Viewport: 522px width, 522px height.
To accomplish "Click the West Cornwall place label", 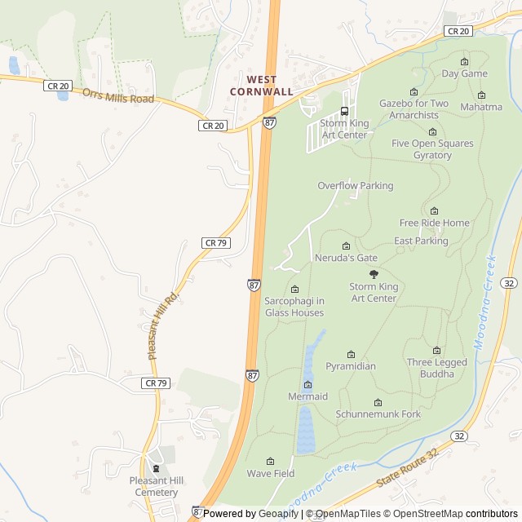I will (269, 86).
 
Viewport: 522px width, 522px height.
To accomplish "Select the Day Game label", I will (465, 73).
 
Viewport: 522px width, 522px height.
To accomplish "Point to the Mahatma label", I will (481, 107).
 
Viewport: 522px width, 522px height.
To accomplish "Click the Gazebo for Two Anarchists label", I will (414, 109).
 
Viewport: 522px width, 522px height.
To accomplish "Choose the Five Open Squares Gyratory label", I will (432, 149).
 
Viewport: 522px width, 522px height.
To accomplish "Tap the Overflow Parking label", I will (356, 186).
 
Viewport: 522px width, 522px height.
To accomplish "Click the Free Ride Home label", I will (435, 223).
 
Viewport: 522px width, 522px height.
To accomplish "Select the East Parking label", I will (421, 241).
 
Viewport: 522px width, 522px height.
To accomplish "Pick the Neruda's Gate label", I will (346, 258).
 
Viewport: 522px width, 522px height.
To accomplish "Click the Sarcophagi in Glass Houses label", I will (294, 307).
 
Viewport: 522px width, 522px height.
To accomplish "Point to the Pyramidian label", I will (351, 366).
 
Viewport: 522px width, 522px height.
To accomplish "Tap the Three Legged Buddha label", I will (437, 368).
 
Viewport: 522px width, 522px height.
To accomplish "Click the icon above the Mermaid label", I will (307, 385).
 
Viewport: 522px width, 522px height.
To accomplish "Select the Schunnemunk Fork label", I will (378, 414).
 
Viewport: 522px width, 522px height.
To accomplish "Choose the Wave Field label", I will (271, 473).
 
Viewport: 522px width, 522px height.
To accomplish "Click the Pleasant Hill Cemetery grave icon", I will (155, 468).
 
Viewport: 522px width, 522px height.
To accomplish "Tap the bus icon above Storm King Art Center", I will (344, 112).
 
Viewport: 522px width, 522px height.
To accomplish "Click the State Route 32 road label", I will (408, 468).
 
